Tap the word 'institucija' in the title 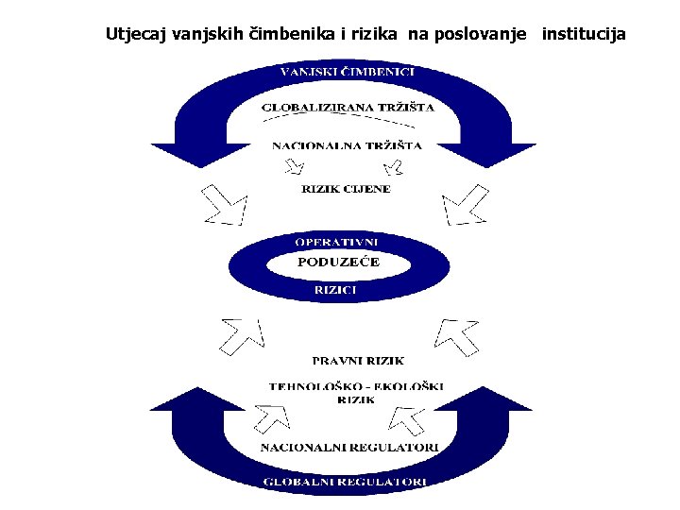click(584, 35)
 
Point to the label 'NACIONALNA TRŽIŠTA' click(347, 145)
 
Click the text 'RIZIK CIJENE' click(346, 189)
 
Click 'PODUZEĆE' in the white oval click(338, 263)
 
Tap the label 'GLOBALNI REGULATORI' click(346, 481)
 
